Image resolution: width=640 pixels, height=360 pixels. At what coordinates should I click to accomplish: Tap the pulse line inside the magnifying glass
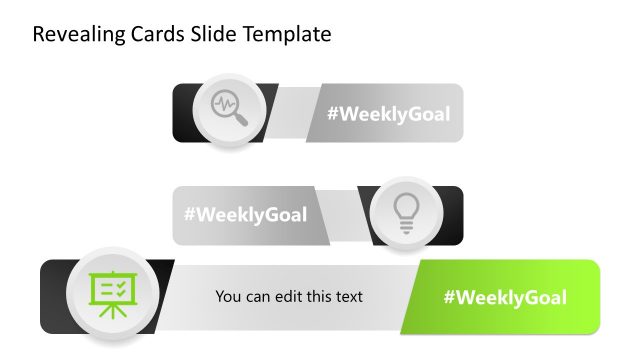coord(224,104)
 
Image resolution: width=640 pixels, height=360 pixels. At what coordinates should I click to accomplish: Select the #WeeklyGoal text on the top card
coord(388,113)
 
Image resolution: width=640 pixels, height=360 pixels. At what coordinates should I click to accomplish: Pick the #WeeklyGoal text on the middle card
coord(245,215)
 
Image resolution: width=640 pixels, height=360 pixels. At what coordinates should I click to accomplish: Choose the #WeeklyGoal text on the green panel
coord(505,297)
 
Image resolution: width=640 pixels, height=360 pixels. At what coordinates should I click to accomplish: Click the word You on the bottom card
coord(228,297)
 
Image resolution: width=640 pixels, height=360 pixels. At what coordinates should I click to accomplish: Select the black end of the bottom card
coord(52,297)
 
